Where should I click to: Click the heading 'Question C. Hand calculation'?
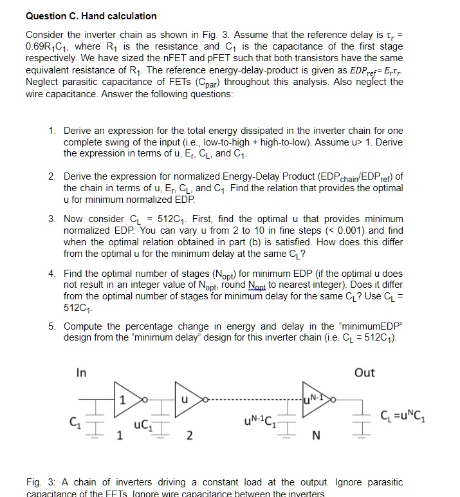(91, 15)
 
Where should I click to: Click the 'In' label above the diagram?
(82, 373)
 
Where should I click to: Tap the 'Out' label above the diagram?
(364, 373)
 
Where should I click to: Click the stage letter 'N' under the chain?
(315, 438)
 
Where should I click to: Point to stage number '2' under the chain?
(189, 438)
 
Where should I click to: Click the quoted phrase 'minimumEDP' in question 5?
(369, 326)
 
